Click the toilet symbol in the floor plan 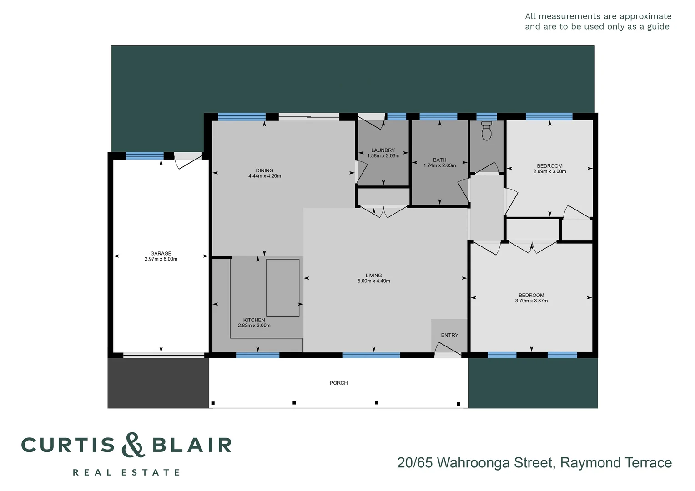click(x=486, y=131)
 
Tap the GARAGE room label click(x=161, y=254)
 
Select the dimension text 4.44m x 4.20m click(x=265, y=176)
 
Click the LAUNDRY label click(x=383, y=150)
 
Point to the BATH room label click(x=439, y=160)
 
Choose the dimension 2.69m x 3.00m click(x=549, y=171)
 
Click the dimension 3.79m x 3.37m click(x=531, y=301)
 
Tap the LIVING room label click(x=373, y=276)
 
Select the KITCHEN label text click(x=254, y=320)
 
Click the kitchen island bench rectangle click(x=282, y=288)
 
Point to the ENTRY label click(x=449, y=335)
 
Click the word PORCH click(x=338, y=383)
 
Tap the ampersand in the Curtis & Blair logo click(x=133, y=445)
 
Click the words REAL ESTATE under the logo click(x=126, y=472)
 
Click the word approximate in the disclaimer click(x=645, y=16)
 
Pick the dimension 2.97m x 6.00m click(x=161, y=259)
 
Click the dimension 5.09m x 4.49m click(x=373, y=281)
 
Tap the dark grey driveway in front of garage click(x=158, y=383)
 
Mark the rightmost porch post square click(x=458, y=404)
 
